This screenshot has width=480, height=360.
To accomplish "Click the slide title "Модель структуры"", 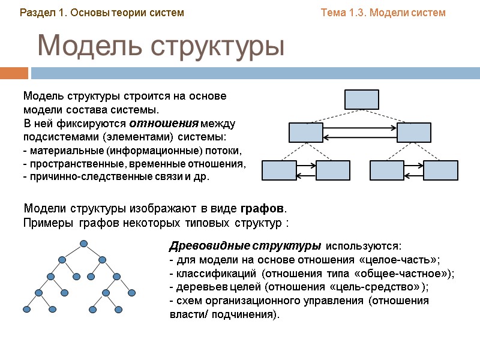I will tap(160, 46).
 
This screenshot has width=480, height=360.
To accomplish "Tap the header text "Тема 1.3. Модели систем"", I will tap(383, 13).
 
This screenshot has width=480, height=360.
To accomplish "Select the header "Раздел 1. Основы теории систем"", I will tap(102, 13).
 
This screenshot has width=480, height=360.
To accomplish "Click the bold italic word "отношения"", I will tap(164, 124).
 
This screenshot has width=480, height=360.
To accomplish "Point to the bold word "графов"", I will tap(262, 209).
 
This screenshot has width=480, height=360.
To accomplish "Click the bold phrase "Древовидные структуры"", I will tap(245, 247).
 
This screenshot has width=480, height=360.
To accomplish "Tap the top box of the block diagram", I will tap(362, 99).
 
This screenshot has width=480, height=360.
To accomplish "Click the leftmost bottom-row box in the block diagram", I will tap(279, 170).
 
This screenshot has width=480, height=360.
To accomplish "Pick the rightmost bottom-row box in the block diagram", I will tap(440, 170).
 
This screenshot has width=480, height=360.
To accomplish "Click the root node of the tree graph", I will tap(83, 244).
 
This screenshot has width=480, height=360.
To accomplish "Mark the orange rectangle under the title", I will tap(14, 73).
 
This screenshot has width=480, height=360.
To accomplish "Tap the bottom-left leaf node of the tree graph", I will tap(26, 309).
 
